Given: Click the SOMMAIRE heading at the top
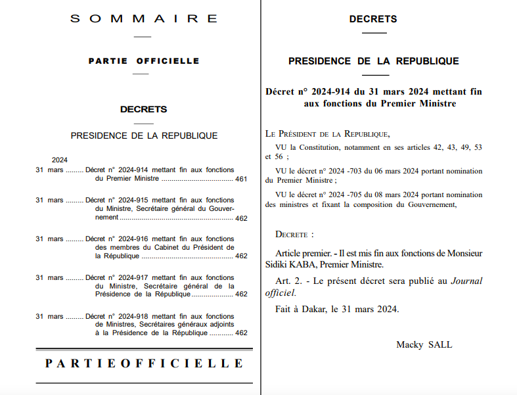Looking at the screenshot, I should click(143, 18).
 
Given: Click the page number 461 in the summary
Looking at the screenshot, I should click(241, 179).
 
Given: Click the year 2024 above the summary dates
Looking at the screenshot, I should click(60, 160).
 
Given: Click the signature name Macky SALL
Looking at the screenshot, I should click(424, 344).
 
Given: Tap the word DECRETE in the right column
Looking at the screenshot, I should click(292, 234).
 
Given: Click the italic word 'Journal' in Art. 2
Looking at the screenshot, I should click(466, 281).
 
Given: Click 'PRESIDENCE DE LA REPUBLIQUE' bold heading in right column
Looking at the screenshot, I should click(373, 61).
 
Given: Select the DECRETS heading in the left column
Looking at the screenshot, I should click(143, 109).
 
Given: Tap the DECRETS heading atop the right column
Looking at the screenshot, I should click(373, 19).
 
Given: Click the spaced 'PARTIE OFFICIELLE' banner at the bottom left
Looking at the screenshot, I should click(144, 363).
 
